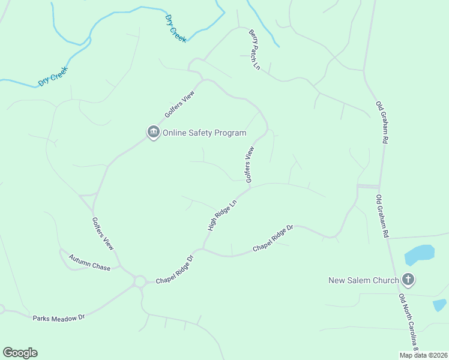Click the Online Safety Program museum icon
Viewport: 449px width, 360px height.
153,133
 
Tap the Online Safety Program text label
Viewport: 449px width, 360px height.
204,133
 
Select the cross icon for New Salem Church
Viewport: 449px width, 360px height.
408,280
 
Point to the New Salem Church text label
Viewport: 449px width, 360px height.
364,280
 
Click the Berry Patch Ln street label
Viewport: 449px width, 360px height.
255,50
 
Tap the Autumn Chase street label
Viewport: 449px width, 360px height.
89,262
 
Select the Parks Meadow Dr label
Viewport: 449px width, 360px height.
59,316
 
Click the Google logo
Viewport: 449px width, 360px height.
20,353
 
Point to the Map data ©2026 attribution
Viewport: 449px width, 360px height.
424,355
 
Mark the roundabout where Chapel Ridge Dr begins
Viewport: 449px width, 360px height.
140,281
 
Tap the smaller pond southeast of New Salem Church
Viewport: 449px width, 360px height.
439,305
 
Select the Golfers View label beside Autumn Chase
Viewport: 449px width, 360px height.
103,233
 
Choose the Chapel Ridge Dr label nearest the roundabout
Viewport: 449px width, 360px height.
175,271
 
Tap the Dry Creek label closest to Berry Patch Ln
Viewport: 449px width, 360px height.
175,28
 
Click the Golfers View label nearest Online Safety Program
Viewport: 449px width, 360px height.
181,106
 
